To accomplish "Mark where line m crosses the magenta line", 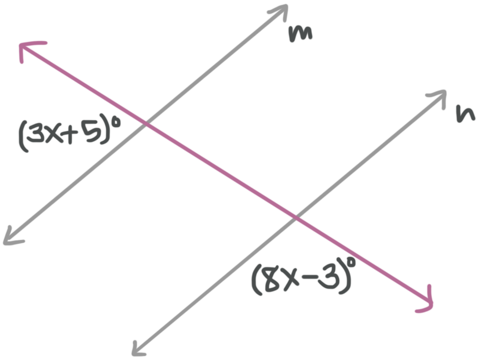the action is (145, 125).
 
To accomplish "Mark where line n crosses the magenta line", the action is (295, 218).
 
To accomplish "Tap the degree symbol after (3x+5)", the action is (114, 125).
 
